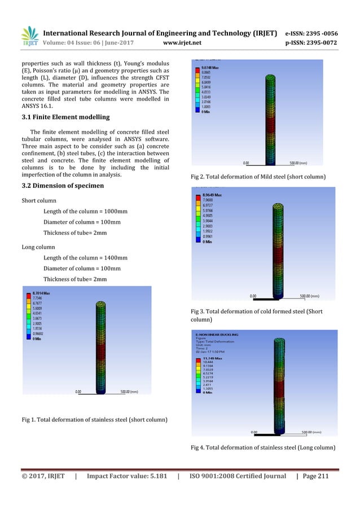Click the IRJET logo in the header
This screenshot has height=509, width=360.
pyautogui.click(x=30, y=36)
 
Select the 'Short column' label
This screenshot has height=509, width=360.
pyautogui.click(x=38, y=200)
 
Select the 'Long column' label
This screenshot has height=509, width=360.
pyautogui.click(x=37, y=247)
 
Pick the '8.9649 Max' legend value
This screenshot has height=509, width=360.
pyautogui.click(x=210, y=195)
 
